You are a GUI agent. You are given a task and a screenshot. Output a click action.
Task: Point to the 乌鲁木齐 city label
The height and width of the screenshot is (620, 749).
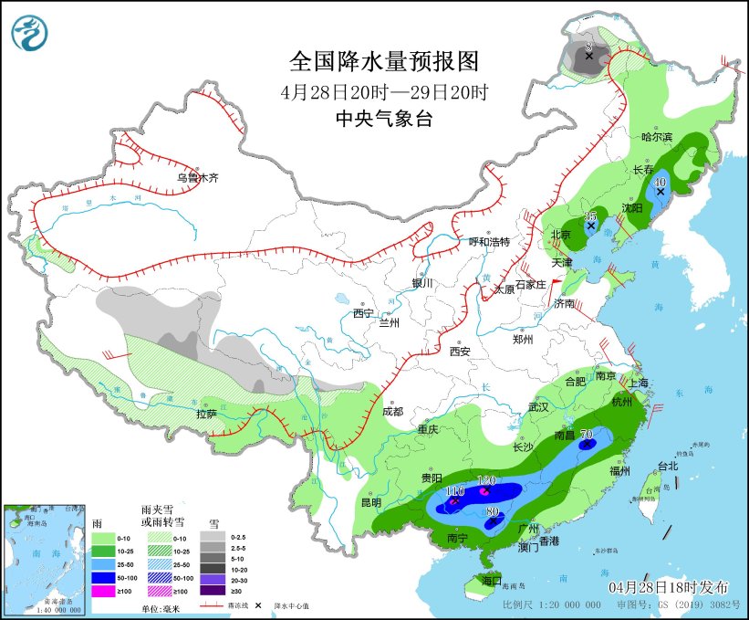click(x=198, y=178)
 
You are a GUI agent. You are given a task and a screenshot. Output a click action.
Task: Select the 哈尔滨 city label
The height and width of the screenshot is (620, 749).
click(x=656, y=137)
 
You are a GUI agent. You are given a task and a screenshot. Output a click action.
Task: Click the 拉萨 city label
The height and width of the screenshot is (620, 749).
click(x=206, y=414)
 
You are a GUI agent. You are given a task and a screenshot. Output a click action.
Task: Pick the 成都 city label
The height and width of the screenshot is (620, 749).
click(x=392, y=411)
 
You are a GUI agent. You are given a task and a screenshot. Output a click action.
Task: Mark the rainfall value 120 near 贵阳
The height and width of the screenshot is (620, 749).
click(x=486, y=480)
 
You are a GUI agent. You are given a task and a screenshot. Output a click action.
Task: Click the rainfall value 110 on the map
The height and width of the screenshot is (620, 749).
click(x=454, y=491)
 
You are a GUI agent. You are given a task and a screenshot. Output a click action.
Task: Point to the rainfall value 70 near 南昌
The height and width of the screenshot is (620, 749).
click(x=587, y=434)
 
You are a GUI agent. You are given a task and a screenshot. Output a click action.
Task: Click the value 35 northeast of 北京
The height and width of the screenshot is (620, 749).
click(x=589, y=215)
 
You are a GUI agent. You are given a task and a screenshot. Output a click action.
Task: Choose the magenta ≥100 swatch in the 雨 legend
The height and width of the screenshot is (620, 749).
click(x=104, y=592)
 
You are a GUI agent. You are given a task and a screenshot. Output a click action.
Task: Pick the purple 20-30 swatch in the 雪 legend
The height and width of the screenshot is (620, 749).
click(x=212, y=579)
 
